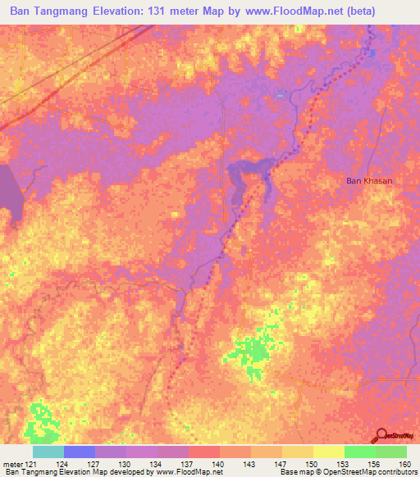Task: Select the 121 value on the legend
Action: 32,464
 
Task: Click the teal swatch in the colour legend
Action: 48,452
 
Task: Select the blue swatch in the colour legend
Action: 79,452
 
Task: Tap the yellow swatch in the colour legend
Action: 328,452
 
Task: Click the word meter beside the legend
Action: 11,464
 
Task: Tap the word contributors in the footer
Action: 395,472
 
